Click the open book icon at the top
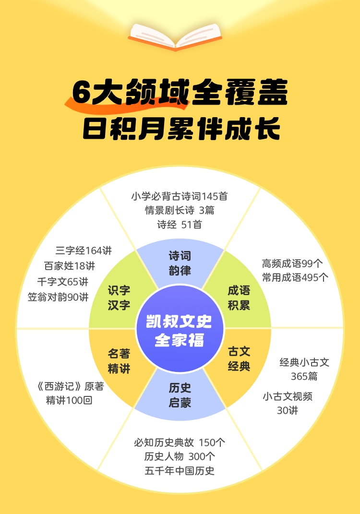pyautogui.click(x=175, y=36)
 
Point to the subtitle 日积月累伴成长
pyautogui.click(x=181, y=127)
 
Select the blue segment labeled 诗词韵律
pyautogui.click(x=180, y=263)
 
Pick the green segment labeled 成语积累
pyautogui.click(x=239, y=298)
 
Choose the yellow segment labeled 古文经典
pyautogui.click(x=239, y=359)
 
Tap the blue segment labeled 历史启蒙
pyautogui.click(x=180, y=394)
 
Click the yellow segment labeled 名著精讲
pyautogui.click(x=119, y=361)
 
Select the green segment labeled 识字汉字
pyautogui.click(x=119, y=298)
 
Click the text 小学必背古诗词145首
pyautogui.click(x=180, y=196)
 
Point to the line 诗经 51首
pyautogui.click(x=180, y=224)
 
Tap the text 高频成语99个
pyautogui.click(x=292, y=263)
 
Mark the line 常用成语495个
pyautogui.click(x=295, y=277)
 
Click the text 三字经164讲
pyautogui.click(x=84, y=250)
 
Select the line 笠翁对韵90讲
pyautogui.click(x=58, y=297)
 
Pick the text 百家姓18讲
pyautogui.click(x=70, y=266)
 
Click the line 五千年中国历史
pyautogui.click(x=180, y=470)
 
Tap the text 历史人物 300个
pyautogui.click(x=180, y=456)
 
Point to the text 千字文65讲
pyautogui.click(x=62, y=282)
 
